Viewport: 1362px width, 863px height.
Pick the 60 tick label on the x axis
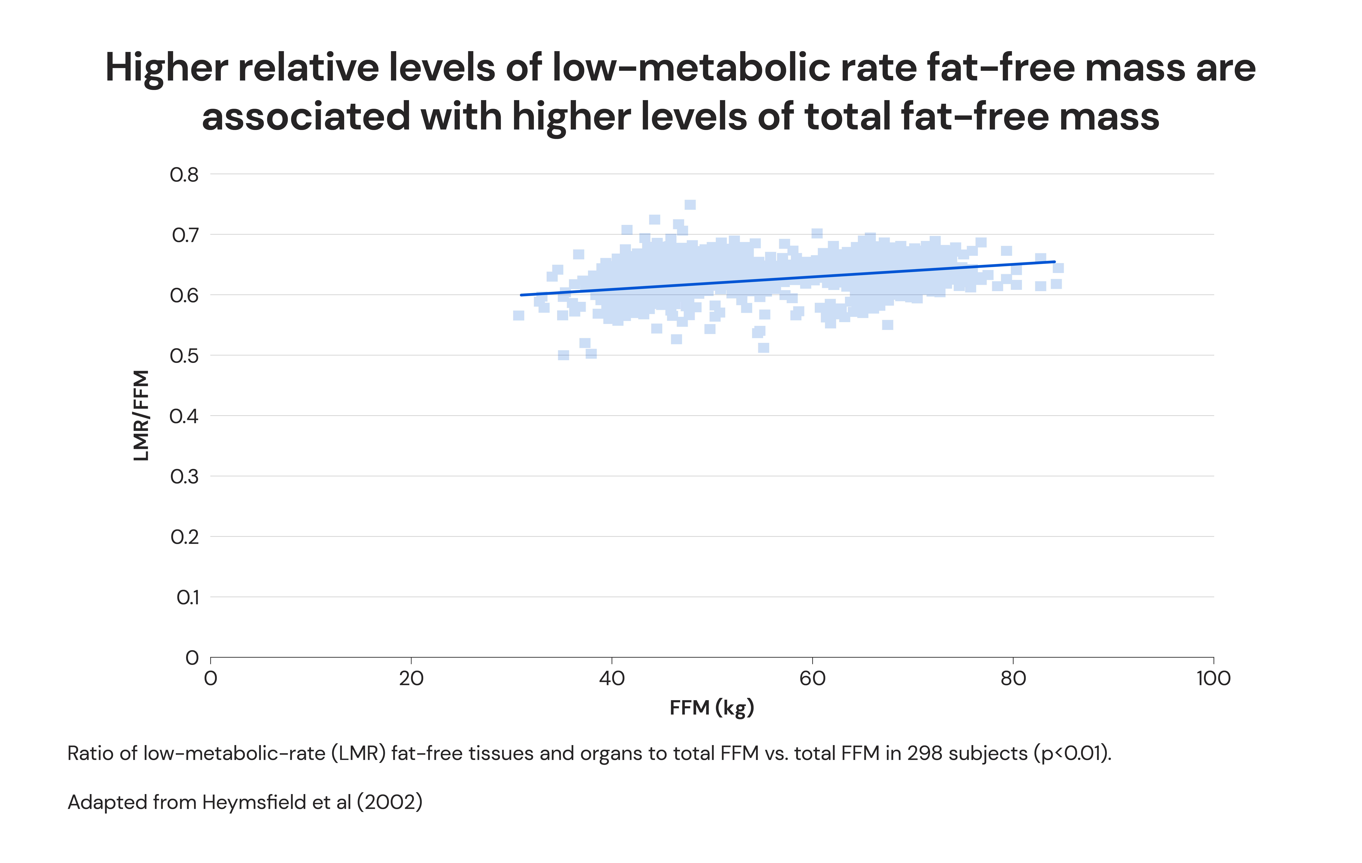click(x=812, y=678)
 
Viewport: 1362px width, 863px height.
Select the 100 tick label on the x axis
click(x=1213, y=678)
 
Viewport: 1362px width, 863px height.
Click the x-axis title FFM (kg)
click(x=712, y=708)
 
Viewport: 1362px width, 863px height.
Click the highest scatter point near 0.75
click(x=690, y=205)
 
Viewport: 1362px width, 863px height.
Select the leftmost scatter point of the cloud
click(x=518, y=315)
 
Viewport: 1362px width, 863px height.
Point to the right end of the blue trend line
click(x=1054, y=262)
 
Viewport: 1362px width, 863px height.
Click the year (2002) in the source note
click(x=389, y=802)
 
